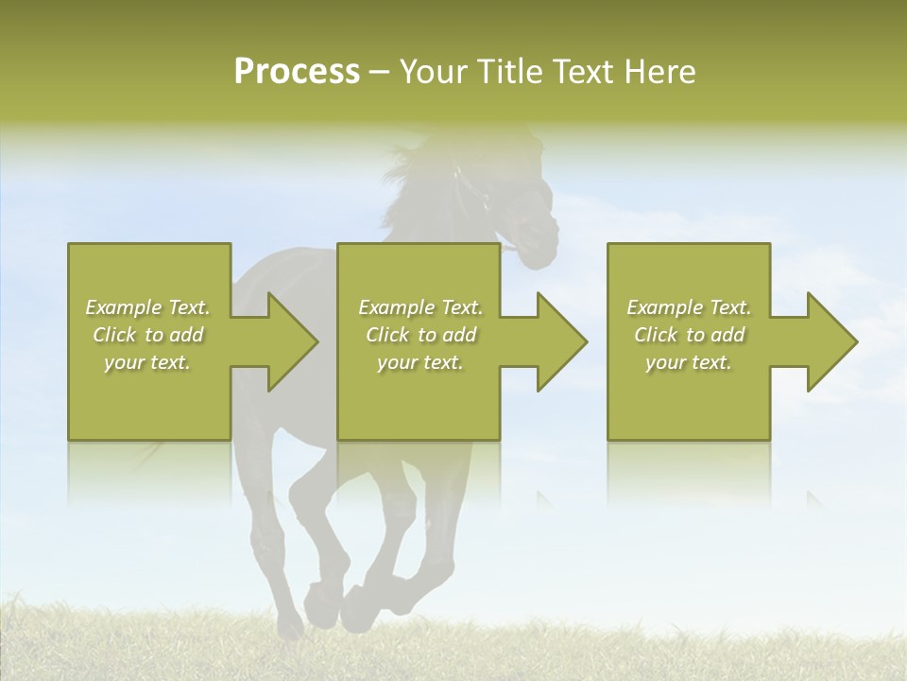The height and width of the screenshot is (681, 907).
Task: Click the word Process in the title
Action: click(x=297, y=72)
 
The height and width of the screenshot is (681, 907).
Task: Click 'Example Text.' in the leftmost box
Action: click(x=147, y=307)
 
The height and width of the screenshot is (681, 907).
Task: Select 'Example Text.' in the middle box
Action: click(x=419, y=307)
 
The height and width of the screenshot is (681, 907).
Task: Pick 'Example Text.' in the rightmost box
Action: click(x=689, y=307)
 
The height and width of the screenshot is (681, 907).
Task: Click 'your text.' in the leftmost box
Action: click(x=147, y=362)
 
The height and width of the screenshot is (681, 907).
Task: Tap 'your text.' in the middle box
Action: click(x=419, y=362)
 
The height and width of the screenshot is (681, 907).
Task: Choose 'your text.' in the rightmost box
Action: click(x=689, y=362)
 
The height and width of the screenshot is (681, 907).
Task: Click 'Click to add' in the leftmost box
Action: click(x=147, y=335)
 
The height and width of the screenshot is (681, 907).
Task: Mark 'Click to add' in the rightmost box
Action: click(x=689, y=335)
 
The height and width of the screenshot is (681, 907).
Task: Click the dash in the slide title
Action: click(x=379, y=73)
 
